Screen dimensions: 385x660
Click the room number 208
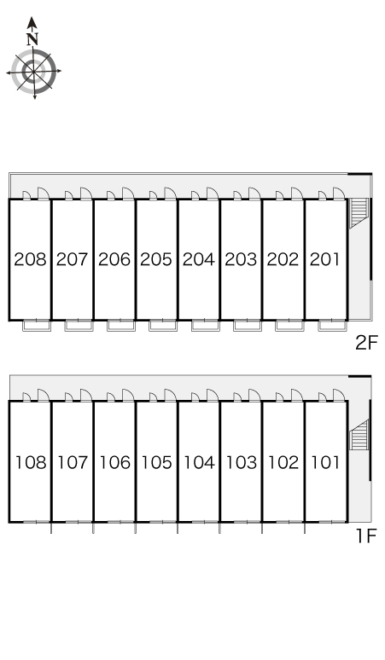30,259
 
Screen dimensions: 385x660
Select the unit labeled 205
156,259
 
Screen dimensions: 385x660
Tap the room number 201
324,259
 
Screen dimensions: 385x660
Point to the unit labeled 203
241,259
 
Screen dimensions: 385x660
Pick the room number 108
31,462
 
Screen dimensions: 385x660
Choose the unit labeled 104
199,462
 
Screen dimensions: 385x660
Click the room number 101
324,462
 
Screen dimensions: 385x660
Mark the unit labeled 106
114,462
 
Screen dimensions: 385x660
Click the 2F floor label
366,343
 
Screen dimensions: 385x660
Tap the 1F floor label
365,536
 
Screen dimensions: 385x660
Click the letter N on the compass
32,39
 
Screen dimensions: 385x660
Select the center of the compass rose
33,71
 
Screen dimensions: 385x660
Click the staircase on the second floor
359,212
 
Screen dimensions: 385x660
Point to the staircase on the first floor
359,434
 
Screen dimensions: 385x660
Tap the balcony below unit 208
37,326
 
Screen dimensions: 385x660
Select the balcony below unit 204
206,326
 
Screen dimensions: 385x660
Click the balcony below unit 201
332,326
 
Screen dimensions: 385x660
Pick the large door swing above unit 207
86,194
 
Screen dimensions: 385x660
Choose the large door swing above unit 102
297,396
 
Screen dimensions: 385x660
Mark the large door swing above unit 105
170,396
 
